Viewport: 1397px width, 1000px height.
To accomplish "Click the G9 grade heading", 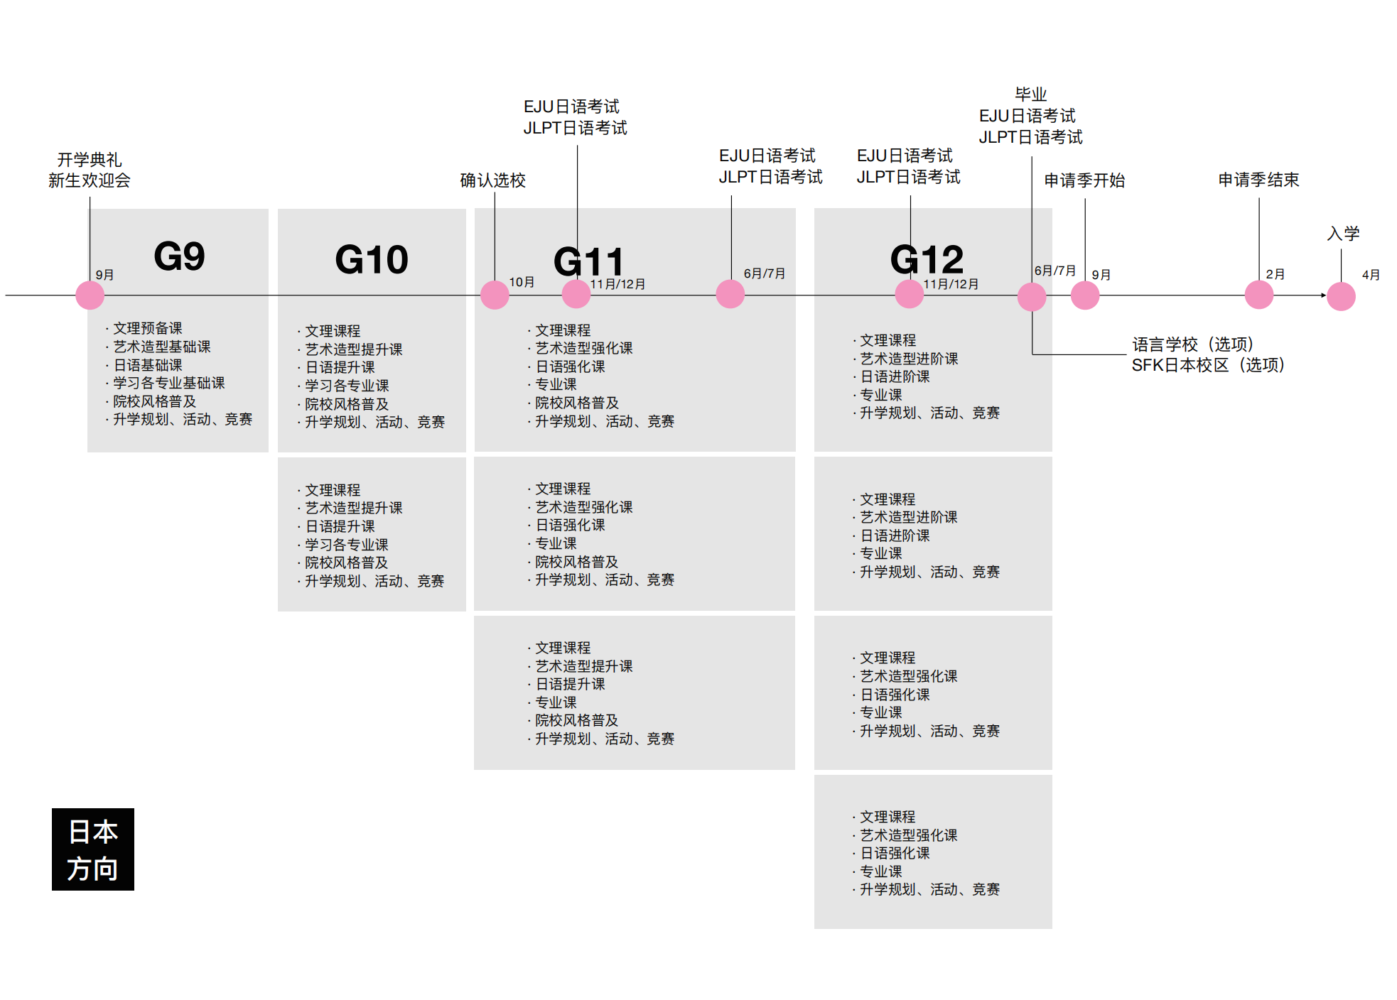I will pyautogui.click(x=179, y=256).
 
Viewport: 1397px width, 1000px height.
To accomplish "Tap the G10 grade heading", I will pyautogui.click(x=371, y=259).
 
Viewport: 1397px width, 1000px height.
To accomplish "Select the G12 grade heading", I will pyautogui.click(x=927, y=259).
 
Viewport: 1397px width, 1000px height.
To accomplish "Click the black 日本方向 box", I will pyautogui.click(x=93, y=849).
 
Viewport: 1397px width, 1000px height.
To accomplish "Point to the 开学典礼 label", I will pyautogui.click(x=90, y=160).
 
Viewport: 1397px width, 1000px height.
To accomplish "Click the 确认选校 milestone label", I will pyautogui.click(x=492, y=180).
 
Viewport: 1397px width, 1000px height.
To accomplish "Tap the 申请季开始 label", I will pyautogui.click(x=1084, y=180).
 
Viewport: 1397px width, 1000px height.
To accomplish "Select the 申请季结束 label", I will pyautogui.click(x=1258, y=180).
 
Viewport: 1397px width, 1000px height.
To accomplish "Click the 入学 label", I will pyautogui.click(x=1343, y=234).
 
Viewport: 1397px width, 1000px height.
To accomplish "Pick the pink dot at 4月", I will pyautogui.click(x=1341, y=296).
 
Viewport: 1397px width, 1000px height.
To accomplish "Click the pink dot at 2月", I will pyautogui.click(x=1258, y=295).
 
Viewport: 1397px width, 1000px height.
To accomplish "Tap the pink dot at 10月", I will pyautogui.click(x=495, y=295).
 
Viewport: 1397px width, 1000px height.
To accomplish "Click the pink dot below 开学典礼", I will pyautogui.click(x=90, y=295).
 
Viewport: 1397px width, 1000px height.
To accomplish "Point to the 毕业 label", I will pyautogui.click(x=1030, y=94).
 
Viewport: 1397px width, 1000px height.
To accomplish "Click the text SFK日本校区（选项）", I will pyautogui.click(x=1208, y=365).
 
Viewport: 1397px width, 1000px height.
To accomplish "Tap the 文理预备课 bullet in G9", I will pyautogui.click(x=147, y=328).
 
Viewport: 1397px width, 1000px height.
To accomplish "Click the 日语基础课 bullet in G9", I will pyautogui.click(x=147, y=365).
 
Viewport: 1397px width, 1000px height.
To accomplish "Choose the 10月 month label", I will pyautogui.click(x=522, y=282).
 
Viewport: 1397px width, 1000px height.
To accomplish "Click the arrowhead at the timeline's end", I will pyautogui.click(x=1323, y=295).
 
